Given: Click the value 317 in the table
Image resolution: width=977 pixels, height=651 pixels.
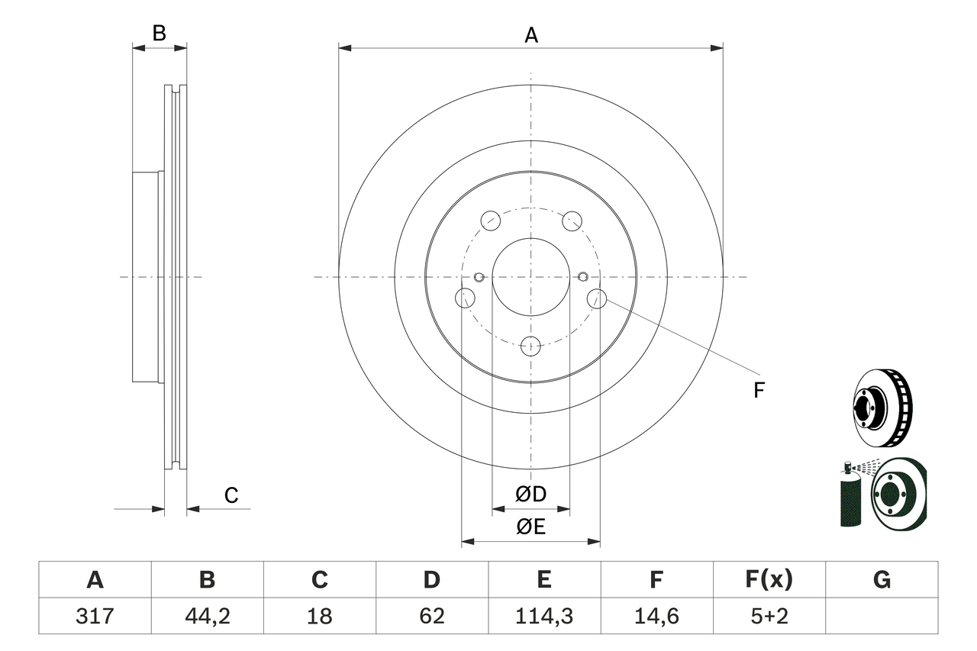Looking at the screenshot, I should (x=95, y=616).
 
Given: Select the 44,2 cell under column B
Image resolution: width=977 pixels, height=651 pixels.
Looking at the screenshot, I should (x=207, y=616).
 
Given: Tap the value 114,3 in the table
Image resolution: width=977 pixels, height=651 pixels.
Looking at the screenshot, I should (x=543, y=616).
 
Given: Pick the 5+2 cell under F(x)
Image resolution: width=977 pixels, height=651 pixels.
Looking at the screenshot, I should (x=769, y=616).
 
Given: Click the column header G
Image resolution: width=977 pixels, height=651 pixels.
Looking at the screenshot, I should (x=882, y=580).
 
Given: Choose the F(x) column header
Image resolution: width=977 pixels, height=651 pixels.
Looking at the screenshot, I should (x=769, y=580).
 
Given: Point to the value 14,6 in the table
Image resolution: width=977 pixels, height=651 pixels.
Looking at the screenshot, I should (x=656, y=616).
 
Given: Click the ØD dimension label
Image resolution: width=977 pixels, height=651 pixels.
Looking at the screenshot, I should (x=531, y=494).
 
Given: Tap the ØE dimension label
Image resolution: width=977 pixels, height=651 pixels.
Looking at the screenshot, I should (x=531, y=527).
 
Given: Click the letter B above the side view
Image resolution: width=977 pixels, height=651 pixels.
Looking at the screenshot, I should (x=159, y=33).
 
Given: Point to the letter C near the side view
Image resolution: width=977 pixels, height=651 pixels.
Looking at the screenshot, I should (x=231, y=495).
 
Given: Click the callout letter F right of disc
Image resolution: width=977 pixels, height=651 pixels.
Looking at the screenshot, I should (x=758, y=391).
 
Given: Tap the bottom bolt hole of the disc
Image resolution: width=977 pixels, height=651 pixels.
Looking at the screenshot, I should (x=530, y=346).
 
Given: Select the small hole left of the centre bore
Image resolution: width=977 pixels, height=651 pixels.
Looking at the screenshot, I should (x=479, y=276).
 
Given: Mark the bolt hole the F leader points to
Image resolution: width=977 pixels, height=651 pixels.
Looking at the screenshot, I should (x=597, y=298).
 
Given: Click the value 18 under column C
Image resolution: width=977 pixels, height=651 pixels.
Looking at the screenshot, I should (x=319, y=616).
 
